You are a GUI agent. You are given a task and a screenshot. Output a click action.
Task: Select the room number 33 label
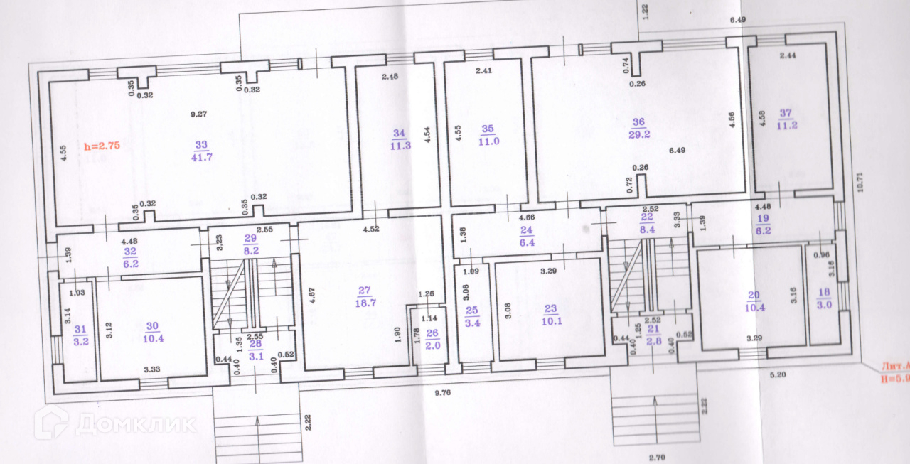pyautogui.click(x=201, y=145)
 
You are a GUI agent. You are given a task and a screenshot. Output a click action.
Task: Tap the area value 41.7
pyautogui.click(x=201, y=158)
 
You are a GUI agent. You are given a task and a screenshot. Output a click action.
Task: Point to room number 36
pyautogui.click(x=638, y=122)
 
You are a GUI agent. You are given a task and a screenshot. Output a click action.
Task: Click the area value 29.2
pyautogui.click(x=638, y=134)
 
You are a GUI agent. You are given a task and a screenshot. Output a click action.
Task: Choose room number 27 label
pyautogui.click(x=365, y=290)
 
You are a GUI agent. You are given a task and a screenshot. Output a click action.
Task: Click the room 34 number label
pyautogui.click(x=399, y=133)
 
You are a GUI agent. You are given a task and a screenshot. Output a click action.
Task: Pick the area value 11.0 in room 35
pyautogui.click(x=488, y=141)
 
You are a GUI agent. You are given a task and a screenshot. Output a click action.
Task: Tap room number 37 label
pyautogui.click(x=786, y=113)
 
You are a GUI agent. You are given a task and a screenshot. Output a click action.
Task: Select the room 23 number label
pyautogui.click(x=550, y=308)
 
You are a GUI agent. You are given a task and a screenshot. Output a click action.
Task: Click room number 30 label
pyautogui.click(x=152, y=326)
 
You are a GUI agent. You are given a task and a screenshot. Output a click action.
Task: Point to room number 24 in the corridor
pyautogui.click(x=526, y=230)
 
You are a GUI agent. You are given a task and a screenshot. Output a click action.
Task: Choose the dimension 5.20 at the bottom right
pyautogui.click(x=779, y=372)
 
